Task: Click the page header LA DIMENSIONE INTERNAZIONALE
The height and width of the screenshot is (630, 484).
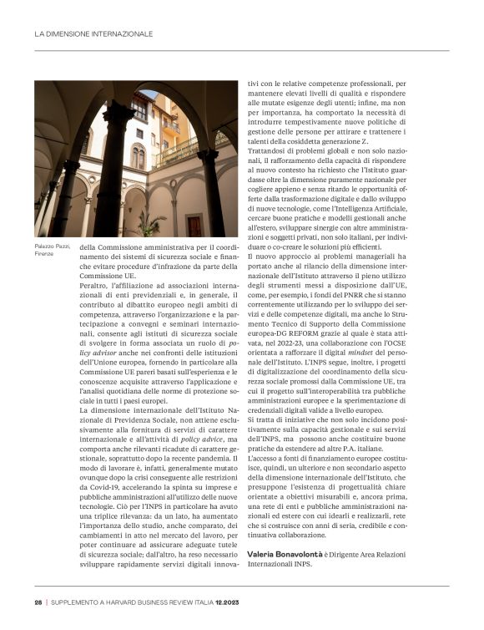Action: coord(93,34)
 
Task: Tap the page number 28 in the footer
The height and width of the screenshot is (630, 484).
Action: coord(38,602)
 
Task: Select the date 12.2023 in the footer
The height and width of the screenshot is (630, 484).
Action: coord(229,602)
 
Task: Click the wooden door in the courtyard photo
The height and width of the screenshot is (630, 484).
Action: coord(194,224)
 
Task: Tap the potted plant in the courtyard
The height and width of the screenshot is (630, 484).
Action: coord(150,222)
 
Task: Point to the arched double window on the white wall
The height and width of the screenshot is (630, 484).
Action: coord(139,155)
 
